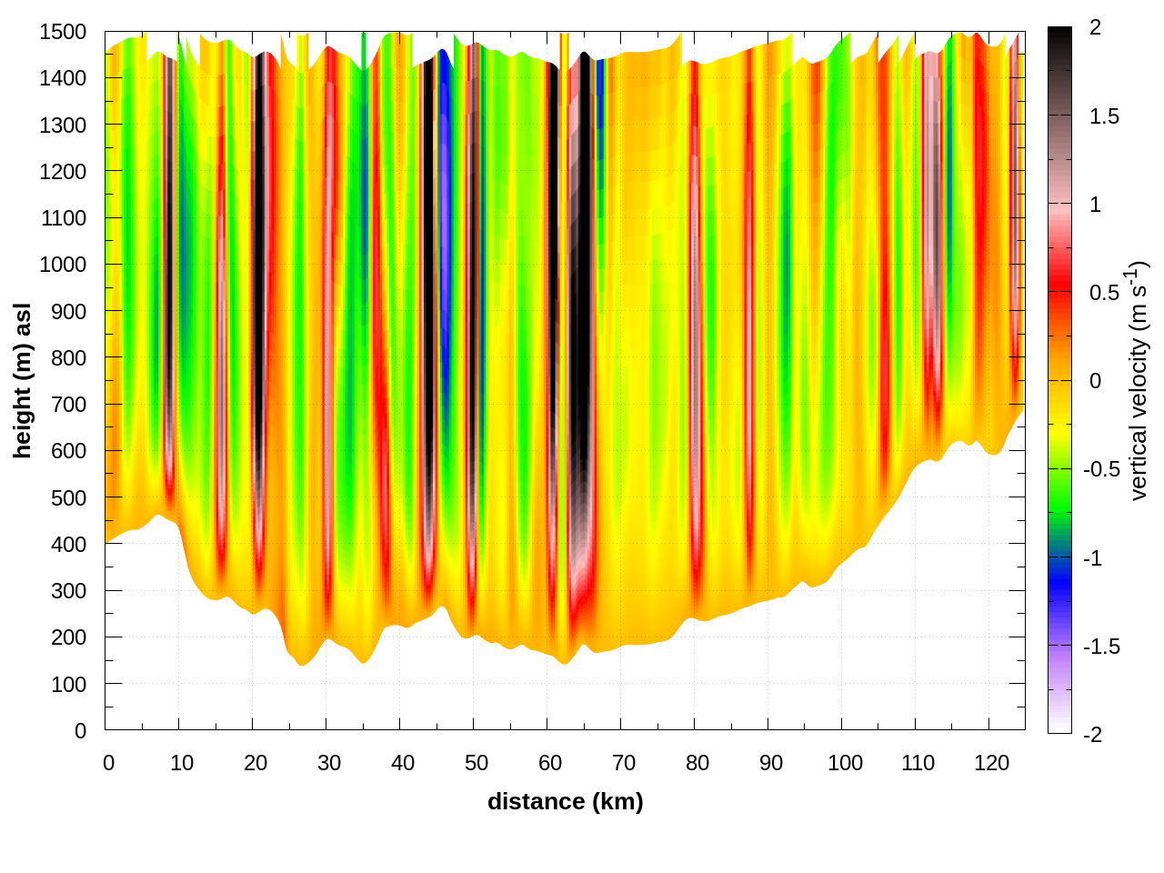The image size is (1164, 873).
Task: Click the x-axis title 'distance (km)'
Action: coord(565,801)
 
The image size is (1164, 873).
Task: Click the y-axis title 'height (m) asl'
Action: coord(23,381)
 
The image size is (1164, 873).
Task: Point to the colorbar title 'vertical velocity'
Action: coord(1139,381)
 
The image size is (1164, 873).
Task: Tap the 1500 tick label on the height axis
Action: coord(63,32)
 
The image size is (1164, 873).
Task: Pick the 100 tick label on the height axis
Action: coord(68,685)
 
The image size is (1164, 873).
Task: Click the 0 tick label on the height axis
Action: coord(80,731)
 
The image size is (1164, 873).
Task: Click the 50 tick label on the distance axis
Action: coord(477,763)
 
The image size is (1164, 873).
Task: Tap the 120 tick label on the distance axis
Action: coord(991,763)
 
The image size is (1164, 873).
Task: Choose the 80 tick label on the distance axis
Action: coord(697,763)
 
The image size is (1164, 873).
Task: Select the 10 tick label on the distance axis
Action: coord(182,763)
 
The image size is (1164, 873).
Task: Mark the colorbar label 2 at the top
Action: coord(1095,28)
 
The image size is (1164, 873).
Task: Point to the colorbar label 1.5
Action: coord(1104,116)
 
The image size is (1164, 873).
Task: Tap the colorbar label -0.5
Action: coord(1100,469)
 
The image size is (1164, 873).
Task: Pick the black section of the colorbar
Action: coord(1059,45)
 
